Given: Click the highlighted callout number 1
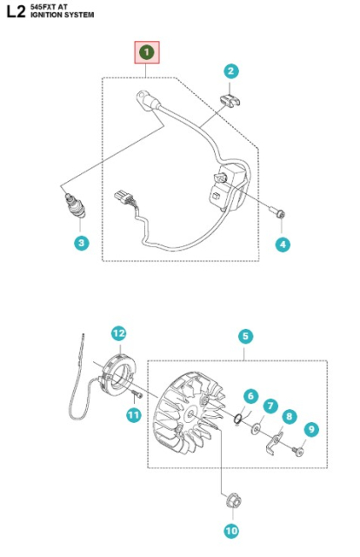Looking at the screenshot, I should point(146,54).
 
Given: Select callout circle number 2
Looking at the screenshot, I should point(231,71).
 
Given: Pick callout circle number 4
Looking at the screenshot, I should point(283,245).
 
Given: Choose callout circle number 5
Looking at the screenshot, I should point(245,336).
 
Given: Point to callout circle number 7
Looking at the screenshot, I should point(270,406).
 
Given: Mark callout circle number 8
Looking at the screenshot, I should point(290,416).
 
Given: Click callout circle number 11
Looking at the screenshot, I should point(132,416).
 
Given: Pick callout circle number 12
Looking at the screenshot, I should point(119,332).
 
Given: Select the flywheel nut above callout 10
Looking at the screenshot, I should point(232,501).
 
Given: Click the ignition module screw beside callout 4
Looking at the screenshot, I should point(276,211).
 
